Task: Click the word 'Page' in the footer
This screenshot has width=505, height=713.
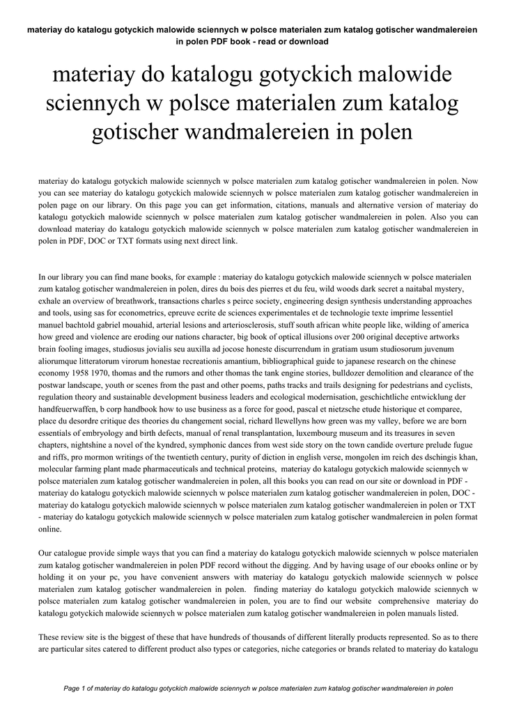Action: tap(72, 689)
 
